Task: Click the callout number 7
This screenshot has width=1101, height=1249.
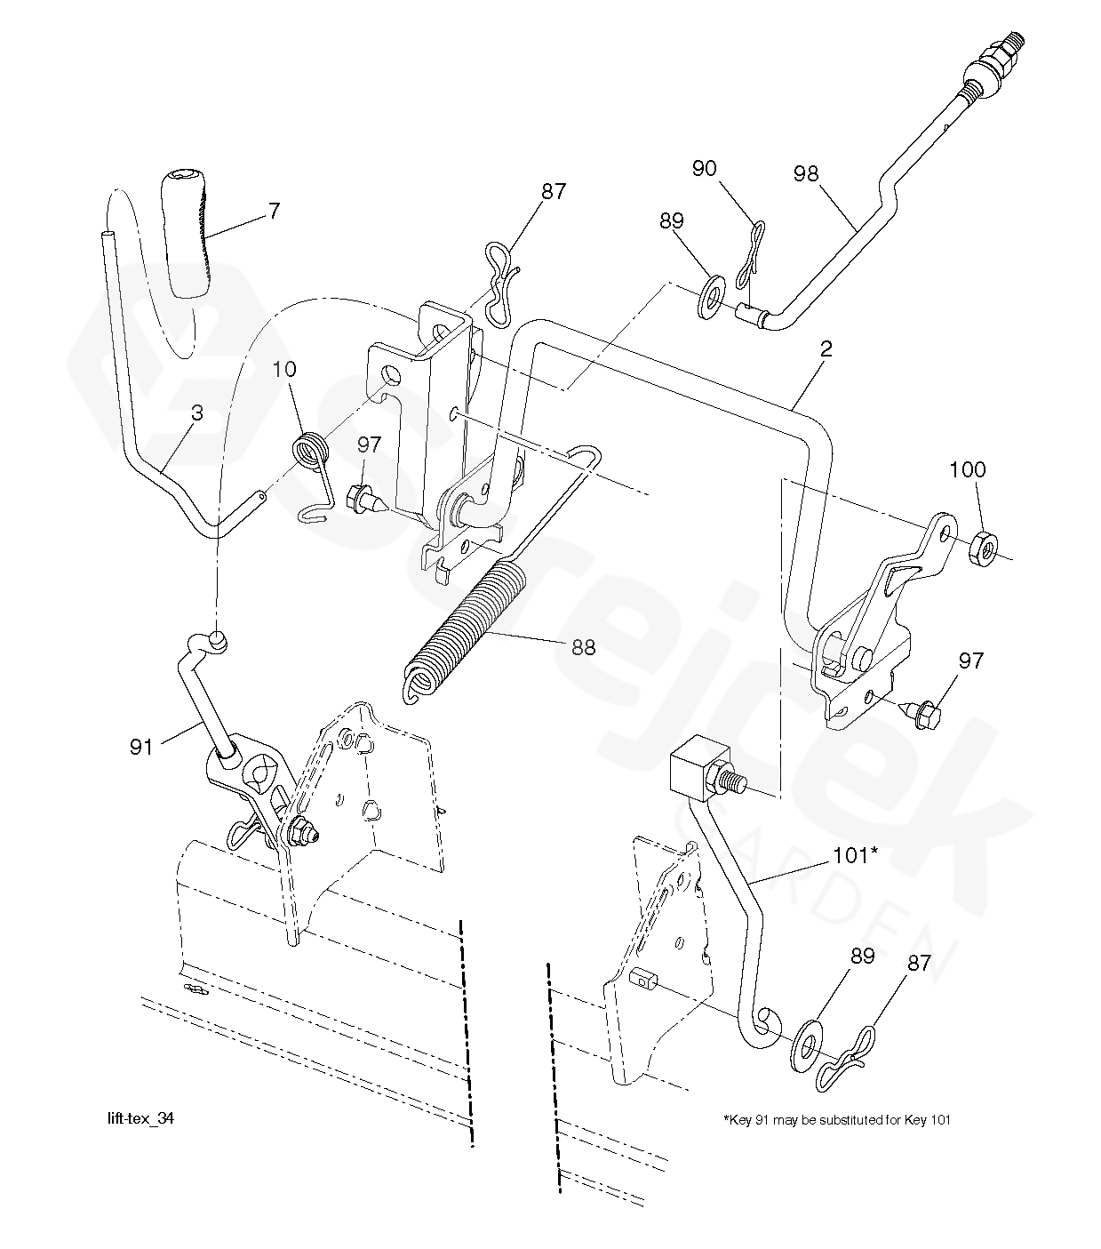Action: [275, 212]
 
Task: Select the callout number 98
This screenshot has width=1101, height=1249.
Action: [806, 174]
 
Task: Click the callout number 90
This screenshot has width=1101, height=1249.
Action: [705, 169]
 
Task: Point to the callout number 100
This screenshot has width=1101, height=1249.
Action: [967, 470]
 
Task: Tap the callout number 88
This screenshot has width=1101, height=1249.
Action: [583, 647]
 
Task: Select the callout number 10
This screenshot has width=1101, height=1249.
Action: [284, 369]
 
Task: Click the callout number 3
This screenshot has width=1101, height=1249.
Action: [196, 413]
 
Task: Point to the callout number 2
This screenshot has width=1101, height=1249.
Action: [826, 349]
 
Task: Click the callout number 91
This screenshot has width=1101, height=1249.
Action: [141, 748]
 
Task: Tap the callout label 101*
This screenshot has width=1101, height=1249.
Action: [855, 856]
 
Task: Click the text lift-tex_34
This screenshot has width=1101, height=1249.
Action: [140, 1118]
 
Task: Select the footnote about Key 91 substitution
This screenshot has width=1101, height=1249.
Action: [836, 1119]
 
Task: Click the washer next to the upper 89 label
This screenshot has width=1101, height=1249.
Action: [712, 298]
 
